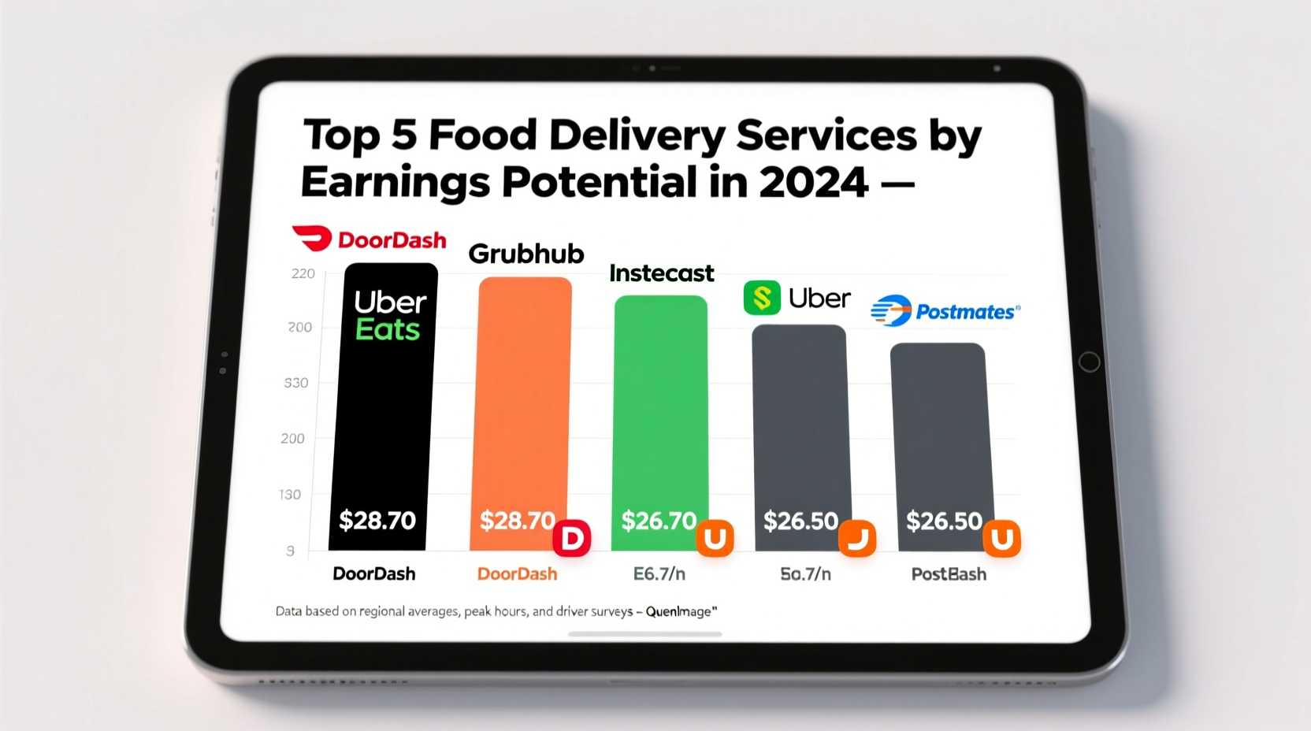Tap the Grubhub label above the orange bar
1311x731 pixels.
tap(526, 254)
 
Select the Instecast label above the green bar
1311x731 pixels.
tap(661, 273)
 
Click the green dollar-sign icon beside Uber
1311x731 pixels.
tap(762, 298)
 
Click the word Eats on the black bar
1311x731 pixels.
tap(388, 329)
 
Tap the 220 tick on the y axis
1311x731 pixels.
tap(303, 274)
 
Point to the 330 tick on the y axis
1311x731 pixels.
tap(296, 383)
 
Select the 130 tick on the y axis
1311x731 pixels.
tap(290, 495)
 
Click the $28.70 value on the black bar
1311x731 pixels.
tap(377, 521)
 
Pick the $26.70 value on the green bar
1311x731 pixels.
tap(659, 521)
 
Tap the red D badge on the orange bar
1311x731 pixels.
tap(572, 539)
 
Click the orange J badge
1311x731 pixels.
tap(857, 539)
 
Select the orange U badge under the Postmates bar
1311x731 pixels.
tap(1001, 539)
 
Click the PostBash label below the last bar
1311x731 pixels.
tap(949, 574)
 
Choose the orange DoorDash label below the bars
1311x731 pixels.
tap(517, 574)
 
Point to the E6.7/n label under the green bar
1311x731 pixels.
tap(659, 574)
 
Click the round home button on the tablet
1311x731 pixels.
tap(1089, 362)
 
